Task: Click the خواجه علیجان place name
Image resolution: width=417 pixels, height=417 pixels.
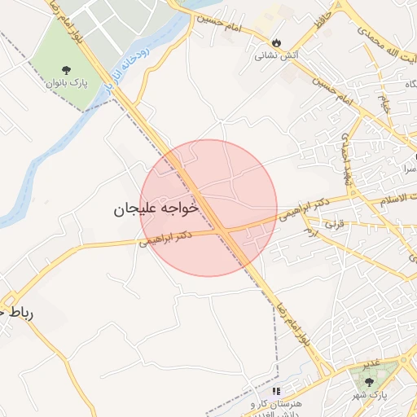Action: (x=156, y=209)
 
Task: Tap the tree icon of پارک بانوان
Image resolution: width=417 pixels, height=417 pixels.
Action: (x=66, y=71)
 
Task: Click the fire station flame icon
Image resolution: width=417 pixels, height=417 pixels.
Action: (x=277, y=42)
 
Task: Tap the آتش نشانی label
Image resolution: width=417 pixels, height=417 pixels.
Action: (x=272, y=56)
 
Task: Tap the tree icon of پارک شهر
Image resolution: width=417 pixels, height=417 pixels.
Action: (x=369, y=382)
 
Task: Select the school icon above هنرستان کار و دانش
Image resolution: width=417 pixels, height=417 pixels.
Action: (x=276, y=391)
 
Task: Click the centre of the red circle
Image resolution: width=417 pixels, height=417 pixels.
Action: (x=209, y=208)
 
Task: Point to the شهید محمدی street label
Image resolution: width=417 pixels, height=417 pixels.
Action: (x=348, y=155)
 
